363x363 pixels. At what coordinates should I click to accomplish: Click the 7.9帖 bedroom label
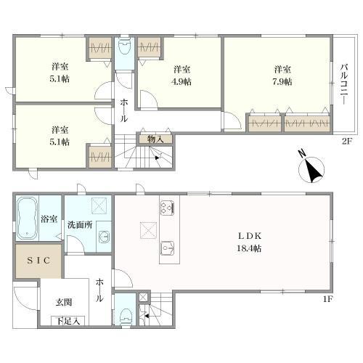point(283,76)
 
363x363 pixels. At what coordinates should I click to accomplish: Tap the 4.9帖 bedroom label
point(181,76)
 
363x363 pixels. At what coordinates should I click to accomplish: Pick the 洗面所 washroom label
point(79,224)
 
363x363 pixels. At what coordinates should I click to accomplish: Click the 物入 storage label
point(155,139)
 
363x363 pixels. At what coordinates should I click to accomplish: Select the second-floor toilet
point(124,49)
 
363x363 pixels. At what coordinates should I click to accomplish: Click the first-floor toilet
point(125,315)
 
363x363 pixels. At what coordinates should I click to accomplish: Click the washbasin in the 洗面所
point(103,235)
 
